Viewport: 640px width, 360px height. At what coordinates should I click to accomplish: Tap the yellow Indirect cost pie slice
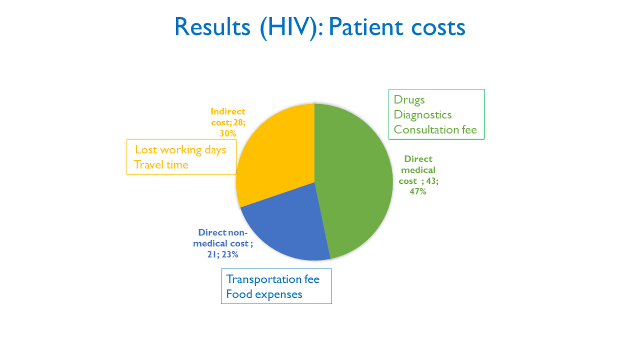[x=274, y=154]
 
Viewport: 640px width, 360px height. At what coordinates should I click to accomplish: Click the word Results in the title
[x=212, y=27]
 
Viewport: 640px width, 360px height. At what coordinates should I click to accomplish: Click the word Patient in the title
[x=366, y=27]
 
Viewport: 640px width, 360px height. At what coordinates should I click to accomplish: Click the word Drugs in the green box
[x=409, y=100]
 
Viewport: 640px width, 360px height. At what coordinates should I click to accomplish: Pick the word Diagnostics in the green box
[x=423, y=115]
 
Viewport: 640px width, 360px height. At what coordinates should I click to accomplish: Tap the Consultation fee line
[x=435, y=129]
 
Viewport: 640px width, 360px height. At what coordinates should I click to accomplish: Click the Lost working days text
[x=181, y=150]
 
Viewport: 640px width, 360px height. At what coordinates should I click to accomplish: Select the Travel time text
[x=161, y=165]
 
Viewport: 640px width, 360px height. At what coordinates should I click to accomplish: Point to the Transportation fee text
[x=273, y=279]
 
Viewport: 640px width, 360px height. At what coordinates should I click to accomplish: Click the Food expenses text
[x=264, y=294]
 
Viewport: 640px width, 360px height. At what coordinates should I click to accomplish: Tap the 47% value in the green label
[x=418, y=191]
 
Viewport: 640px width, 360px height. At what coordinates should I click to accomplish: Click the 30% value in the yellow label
[x=228, y=134]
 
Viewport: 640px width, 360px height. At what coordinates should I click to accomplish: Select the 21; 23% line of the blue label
[x=223, y=254]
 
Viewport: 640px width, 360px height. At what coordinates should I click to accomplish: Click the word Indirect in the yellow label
[x=228, y=111]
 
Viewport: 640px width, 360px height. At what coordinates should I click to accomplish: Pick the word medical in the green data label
[x=418, y=170]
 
